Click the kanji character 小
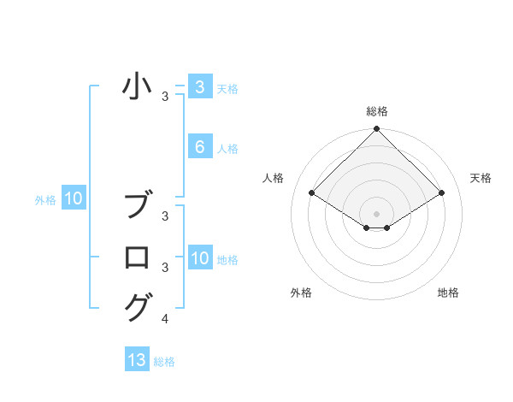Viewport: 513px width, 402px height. click(x=138, y=87)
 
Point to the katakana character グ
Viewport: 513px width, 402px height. click(x=138, y=306)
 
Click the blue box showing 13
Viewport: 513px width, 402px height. click(x=137, y=360)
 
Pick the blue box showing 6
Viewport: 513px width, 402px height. click(x=199, y=147)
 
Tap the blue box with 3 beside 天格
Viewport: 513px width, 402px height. click(x=199, y=87)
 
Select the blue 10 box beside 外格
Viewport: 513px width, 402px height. click(x=74, y=199)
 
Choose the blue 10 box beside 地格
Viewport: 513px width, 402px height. click(x=199, y=258)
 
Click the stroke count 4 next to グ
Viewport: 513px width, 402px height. click(x=165, y=319)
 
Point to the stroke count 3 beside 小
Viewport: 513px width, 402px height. click(x=165, y=97)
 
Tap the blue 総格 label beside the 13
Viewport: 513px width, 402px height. click(x=164, y=362)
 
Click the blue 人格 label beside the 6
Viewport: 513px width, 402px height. click(x=227, y=149)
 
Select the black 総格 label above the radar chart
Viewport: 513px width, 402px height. click(x=377, y=111)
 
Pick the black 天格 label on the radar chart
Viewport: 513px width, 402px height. click(x=481, y=178)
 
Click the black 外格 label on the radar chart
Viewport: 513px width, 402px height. click(x=301, y=293)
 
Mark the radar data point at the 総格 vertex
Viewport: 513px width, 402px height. click(x=377, y=129)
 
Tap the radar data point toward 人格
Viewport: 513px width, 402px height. click(x=312, y=192)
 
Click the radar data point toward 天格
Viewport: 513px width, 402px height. click(x=442, y=192)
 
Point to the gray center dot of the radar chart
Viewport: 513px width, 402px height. click(x=377, y=213)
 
